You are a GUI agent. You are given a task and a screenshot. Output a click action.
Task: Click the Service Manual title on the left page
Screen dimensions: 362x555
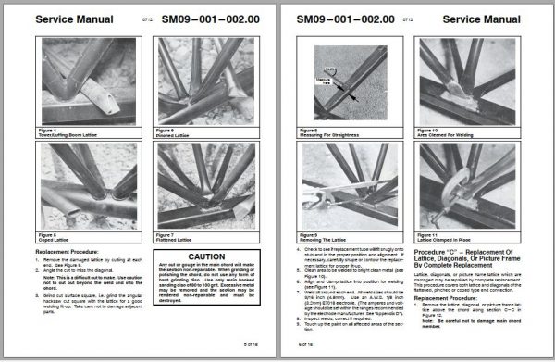tap(76, 19)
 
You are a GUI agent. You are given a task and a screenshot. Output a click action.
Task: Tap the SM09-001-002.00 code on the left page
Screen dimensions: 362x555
tap(208, 19)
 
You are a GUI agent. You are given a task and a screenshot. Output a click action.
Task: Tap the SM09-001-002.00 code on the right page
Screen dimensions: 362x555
tap(351, 19)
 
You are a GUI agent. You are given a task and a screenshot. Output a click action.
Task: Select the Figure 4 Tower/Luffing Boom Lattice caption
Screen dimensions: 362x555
tap(74, 133)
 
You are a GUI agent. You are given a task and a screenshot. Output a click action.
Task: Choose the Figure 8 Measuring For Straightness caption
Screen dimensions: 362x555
tap(333, 133)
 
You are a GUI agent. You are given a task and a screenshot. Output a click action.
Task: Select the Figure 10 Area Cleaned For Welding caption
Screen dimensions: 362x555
tap(451, 133)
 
